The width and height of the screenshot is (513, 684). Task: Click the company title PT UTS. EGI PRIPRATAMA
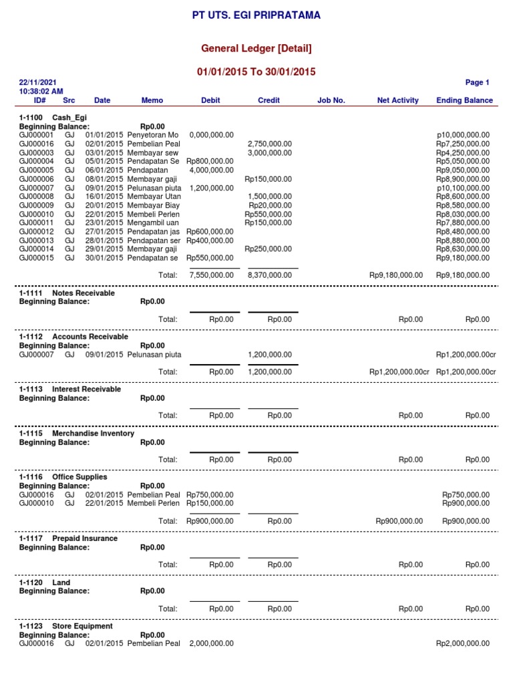click(256, 15)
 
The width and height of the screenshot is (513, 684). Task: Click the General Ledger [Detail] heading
click(256, 48)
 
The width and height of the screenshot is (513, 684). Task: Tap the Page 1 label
click(478, 83)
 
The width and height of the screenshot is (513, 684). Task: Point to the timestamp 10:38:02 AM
click(42, 91)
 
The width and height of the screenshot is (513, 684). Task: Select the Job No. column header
click(331, 100)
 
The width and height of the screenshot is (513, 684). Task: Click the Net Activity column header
click(397, 100)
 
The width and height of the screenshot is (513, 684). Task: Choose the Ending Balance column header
click(464, 100)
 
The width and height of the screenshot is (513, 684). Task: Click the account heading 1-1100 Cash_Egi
click(53, 118)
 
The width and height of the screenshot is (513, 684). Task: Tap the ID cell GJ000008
click(38, 196)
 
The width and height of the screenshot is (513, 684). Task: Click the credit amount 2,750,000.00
click(269, 144)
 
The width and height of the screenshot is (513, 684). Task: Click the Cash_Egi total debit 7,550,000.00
click(211, 275)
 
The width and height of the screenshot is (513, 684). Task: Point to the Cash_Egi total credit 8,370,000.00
click(269, 275)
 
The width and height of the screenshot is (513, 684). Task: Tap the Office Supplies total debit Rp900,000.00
click(210, 521)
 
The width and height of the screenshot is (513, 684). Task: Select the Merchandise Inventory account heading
click(77, 434)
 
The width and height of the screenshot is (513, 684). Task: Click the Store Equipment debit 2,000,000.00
click(211, 643)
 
